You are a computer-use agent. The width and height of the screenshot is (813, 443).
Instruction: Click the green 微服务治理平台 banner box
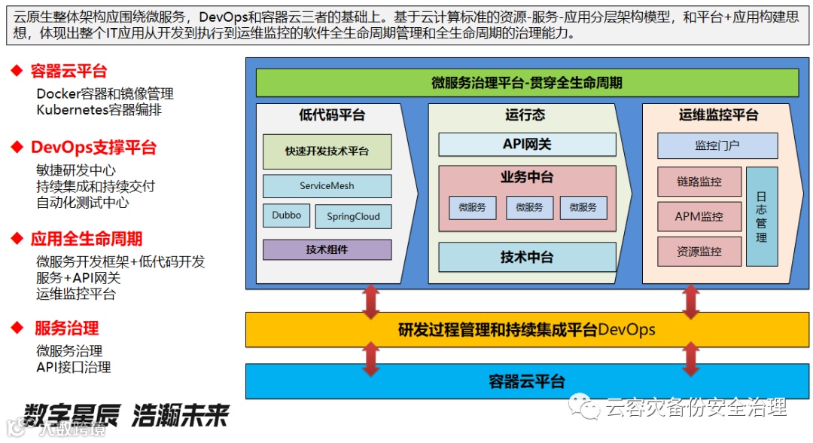[527, 83]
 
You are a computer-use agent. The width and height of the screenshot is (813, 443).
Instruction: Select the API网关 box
[527, 144]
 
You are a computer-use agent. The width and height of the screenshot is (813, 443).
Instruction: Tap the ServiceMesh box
[327, 186]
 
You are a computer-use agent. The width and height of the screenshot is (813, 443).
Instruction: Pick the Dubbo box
[286, 215]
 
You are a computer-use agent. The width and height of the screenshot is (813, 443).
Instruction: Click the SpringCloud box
[353, 217]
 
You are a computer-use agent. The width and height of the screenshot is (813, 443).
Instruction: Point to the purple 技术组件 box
[327, 249]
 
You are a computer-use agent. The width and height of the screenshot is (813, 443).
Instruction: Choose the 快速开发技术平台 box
[327, 151]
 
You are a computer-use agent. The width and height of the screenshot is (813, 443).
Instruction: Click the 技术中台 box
[527, 257]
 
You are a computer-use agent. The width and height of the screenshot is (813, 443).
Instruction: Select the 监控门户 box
[717, 145]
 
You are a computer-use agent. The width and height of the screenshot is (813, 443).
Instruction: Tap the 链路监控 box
[699, 182]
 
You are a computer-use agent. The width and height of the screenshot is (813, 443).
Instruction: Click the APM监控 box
[699, 216]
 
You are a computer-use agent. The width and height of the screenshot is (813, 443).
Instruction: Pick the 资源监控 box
[699, 252]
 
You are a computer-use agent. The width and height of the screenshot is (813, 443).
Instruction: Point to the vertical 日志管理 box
[761, 216]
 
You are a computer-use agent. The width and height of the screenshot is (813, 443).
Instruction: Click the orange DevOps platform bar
[527, 330]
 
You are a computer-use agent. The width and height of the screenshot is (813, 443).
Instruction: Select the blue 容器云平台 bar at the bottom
[527, 381]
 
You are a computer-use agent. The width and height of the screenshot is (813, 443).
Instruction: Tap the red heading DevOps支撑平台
[93, 147]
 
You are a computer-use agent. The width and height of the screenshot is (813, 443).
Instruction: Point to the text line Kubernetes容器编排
[99, 110]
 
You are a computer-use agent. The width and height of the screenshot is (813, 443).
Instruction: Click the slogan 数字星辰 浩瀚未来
[125, 415]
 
